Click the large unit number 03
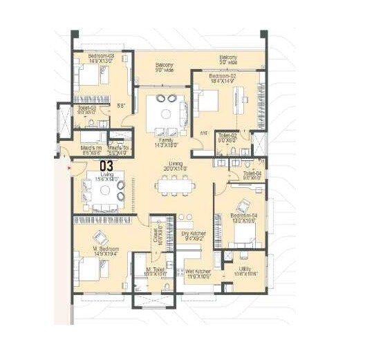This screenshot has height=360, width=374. tap(107, 166)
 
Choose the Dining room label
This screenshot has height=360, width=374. tap(176, 167)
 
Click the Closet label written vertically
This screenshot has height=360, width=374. tap(157, 234)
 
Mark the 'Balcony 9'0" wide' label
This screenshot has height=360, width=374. tap(164, 67)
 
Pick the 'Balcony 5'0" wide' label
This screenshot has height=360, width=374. tap(229, 59)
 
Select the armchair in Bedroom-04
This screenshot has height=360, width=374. tap(243, 206)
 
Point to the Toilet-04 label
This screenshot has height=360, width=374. tap(252, 176)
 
